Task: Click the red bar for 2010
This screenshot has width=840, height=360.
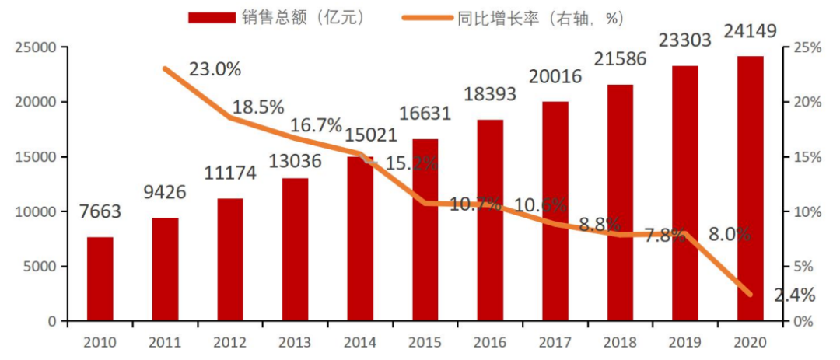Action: pyautogui.click(x=100, y=278)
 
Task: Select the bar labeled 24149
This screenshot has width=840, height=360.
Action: pyautogui.click(x=751, y=188)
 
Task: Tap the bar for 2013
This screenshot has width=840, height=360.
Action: pyautogui.click(x=295, y=249)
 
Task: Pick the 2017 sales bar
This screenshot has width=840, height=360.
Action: pyautogui.click(x=555, y=210)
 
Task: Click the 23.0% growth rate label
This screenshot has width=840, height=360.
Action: pyautogui.click(x=215, y=68)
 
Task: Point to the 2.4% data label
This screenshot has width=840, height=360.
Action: pyautogui.click(x=794, y=295)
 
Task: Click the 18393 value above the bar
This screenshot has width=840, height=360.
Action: pyautogui.click(x=490, y=94)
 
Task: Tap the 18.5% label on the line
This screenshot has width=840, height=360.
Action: pyautogui.click(x=257, y=107)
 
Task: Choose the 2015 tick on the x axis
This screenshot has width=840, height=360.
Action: pyautogui.click(x=425, y=342)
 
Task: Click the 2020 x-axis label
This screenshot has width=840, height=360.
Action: pyautogui.click(x=751, y=342)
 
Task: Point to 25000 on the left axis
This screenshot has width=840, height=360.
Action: pyautogui.click(x=36, y=48)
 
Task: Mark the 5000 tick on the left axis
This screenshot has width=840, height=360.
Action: pyautogui.click(x=39, y=267)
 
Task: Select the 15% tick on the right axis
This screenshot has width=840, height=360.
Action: pyautogui.click(x=807, y=157)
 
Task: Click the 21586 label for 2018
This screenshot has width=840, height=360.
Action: pyautogui.click(x=621, y=59)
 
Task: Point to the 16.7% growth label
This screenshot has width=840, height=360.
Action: pyautogui.click(x=316, y=124)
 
